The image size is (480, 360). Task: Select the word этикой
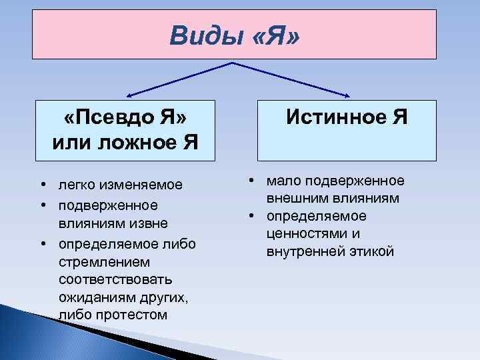pyautogui.click(x=373, y=252)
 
